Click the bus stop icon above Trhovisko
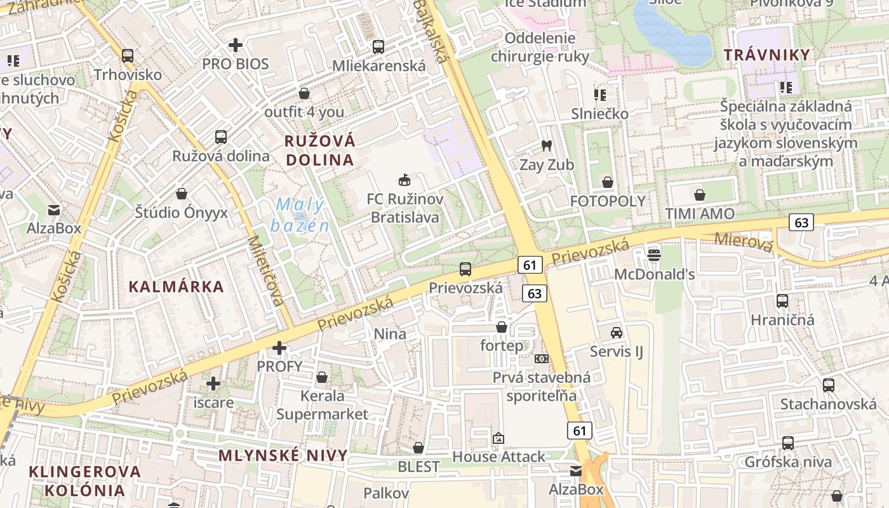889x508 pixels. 128,55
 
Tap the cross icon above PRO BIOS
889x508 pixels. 236,45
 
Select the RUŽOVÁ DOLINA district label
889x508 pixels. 320,150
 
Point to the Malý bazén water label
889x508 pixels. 300,215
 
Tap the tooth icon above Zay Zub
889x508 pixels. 545,145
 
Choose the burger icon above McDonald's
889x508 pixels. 654,255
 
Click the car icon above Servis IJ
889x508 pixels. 616,332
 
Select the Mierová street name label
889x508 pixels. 744,242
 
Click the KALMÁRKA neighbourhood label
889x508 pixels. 177,286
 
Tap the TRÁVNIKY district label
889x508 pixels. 767,55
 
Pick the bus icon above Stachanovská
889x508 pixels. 828,385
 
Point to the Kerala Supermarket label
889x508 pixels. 322,405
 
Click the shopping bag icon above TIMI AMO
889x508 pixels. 700,194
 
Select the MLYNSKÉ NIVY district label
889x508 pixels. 283,455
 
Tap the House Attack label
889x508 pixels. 498,457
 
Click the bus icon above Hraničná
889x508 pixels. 782,301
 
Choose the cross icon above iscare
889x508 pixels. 213,384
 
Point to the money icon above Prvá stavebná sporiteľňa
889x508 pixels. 541,359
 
